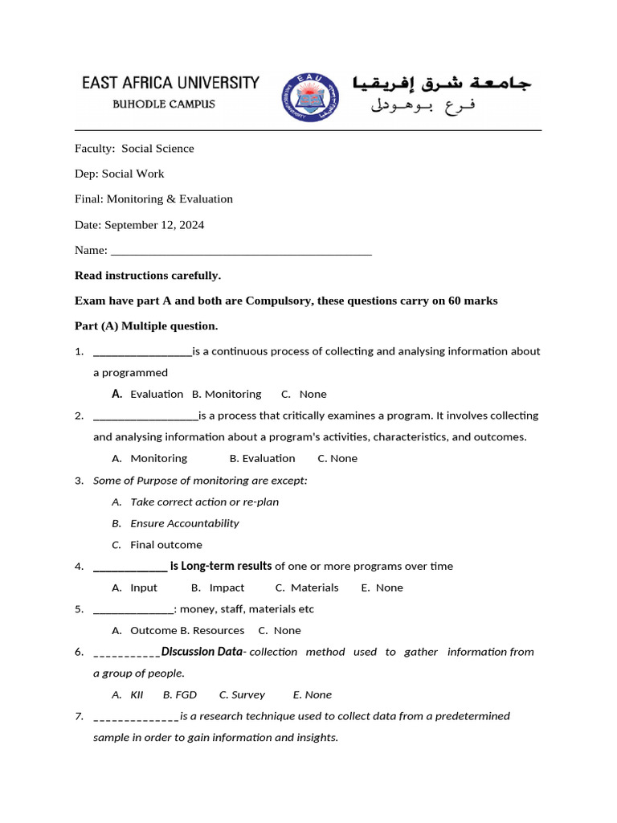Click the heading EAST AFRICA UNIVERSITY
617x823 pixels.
[x=170, y=83]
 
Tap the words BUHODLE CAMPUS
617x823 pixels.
[x=163, y=104]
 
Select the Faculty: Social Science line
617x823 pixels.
[x=134, y=148]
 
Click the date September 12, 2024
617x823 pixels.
[x=154, y=224]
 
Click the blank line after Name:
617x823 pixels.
[x=241, y=250]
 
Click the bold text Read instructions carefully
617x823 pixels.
[x=147, y=275]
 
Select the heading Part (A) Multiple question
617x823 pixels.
[x=146, y=326]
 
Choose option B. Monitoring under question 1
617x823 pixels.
[x=227, y=394]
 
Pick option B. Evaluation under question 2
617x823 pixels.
[x=262, y=458]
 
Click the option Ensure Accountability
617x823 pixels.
[x=185, y=523]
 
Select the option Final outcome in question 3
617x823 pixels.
[x=166, y=544]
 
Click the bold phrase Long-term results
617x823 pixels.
[x=227, y=566]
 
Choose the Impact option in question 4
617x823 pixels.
[x=222, y=588]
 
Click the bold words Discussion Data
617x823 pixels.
[x=201, y=651]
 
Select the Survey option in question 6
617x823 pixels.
[x=243, y=694]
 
